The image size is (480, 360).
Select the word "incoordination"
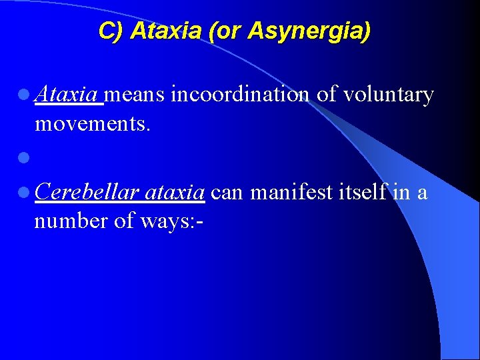[240, 95]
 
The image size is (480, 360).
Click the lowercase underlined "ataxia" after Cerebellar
[173, 193]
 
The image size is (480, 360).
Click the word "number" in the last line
[72, 221]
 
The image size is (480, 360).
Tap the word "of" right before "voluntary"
[327, 95]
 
